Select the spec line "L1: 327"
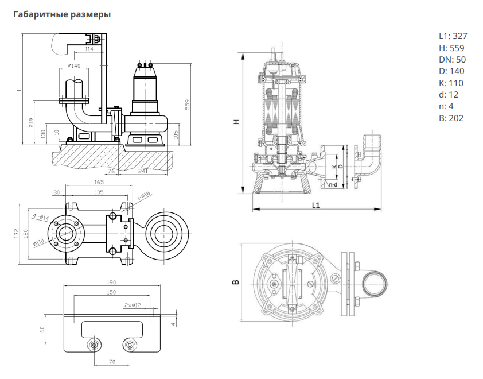pos(452,36)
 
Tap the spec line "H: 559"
pos(451,48)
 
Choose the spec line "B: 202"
pos(451,118)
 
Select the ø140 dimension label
pos(73,65)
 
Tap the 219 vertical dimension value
pos(31,122)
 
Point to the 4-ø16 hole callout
pos(143,195)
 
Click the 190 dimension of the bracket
pos(111,283)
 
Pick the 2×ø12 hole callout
pos(133,305)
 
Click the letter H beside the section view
pos(235,122)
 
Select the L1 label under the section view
pos(315,204)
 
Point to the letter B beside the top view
pos(235,283)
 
